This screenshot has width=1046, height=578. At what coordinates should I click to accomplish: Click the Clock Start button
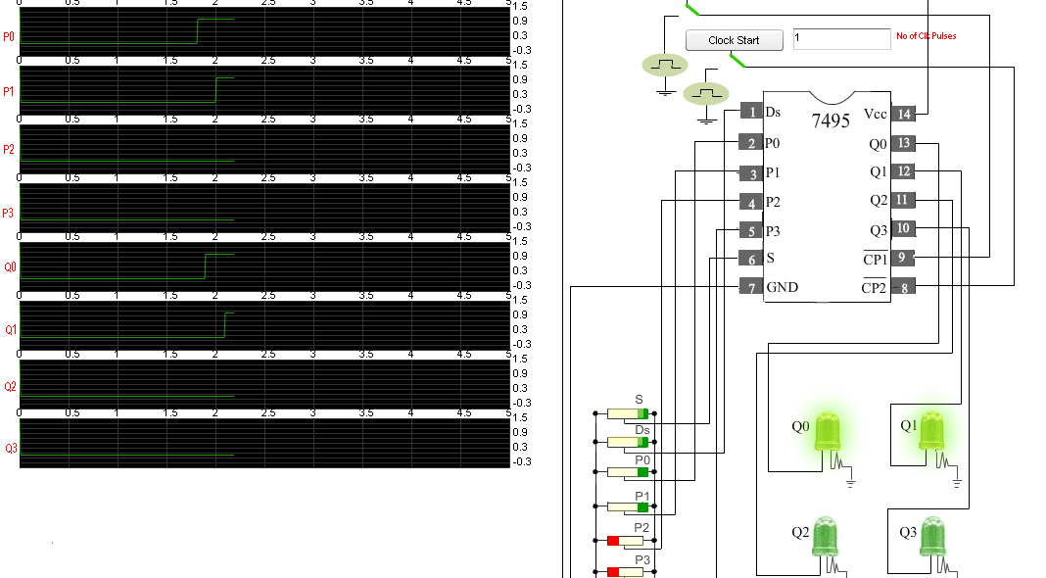coord(734,40)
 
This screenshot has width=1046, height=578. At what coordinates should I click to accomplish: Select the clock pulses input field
coord(841,39)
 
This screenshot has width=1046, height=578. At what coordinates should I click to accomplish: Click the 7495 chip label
coord(831,120)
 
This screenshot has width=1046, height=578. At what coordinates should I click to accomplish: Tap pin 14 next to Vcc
coord(904,114)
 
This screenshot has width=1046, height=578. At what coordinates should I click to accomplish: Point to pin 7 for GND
coord(751,288)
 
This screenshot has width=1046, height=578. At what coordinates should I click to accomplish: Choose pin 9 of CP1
coord(903,258)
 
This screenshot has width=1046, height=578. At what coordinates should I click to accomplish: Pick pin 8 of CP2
coord(903,287)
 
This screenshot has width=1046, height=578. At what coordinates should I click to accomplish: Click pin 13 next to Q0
coord(904,143)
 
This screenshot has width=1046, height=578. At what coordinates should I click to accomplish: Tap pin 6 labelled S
coord(751,260)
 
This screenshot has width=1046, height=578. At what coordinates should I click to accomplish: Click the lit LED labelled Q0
coord(828,431)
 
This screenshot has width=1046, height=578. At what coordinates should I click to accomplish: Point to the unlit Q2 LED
coord(827,536)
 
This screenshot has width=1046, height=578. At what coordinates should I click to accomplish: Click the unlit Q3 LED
coord(934,536)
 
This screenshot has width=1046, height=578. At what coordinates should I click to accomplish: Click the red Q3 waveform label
coord(11,449)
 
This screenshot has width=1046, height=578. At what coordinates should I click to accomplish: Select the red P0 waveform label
coord(9,37)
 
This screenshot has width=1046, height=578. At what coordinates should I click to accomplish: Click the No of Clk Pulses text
coord(926,36)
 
